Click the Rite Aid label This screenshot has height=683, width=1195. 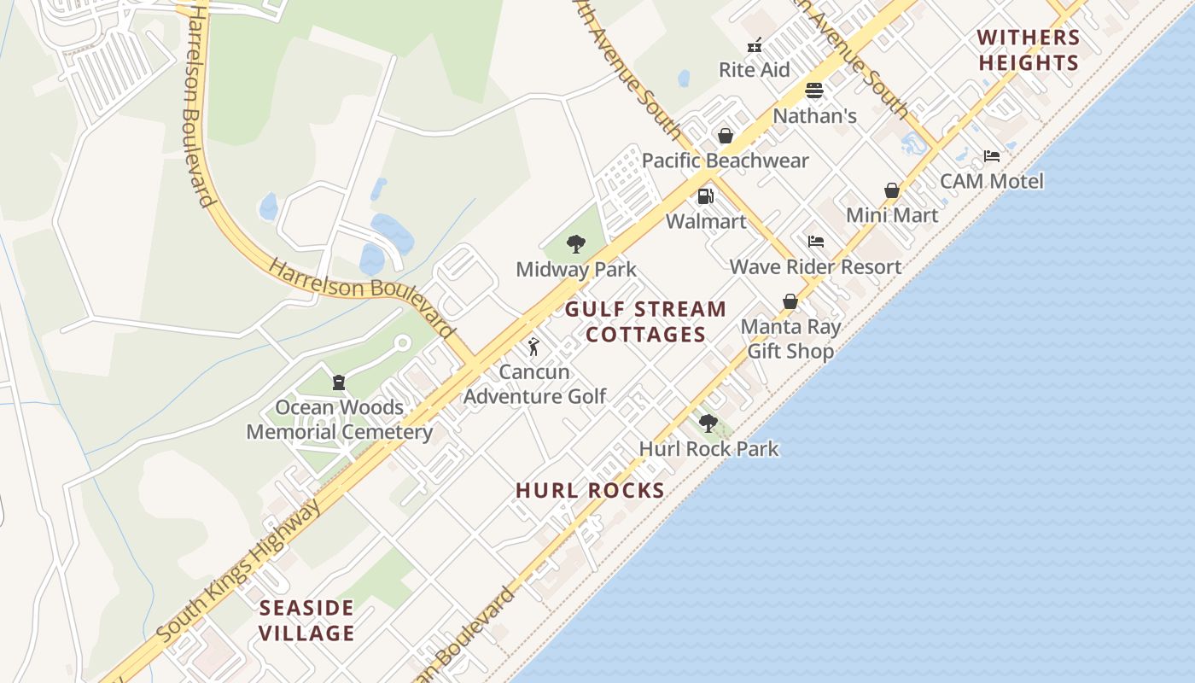(x=755, y=70)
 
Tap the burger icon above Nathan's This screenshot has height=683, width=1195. (x=814, y=90)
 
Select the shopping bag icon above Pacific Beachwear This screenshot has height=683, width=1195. (x=725, y=136)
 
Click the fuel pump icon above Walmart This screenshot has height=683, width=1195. (x=705, y=196)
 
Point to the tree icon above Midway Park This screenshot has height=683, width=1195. (x=576, y=244)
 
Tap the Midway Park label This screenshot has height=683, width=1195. (x=576, y=270)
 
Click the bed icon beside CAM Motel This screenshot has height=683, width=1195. (x=991, y=156)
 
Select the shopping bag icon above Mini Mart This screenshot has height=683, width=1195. (x=892, y=190)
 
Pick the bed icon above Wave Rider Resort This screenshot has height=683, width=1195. (x=816, y=242)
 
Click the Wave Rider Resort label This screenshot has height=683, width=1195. (x=815, y=266)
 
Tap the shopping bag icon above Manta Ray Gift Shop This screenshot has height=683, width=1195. (x=790, y=301)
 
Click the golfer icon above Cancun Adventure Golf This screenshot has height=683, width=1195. (x=533, y=347)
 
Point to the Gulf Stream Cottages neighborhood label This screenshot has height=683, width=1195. (x=646, y=322)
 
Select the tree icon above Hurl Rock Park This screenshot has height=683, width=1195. (x=708, y=423)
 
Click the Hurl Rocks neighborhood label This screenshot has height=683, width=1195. (x=590, y=491)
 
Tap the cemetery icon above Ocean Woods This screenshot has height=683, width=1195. (x=339, y=382)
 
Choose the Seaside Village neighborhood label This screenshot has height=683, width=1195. (x=306, y=621)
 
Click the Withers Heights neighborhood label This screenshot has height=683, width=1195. (x=1029, y=50)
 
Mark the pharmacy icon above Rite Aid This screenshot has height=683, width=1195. (x=755, y=45)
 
